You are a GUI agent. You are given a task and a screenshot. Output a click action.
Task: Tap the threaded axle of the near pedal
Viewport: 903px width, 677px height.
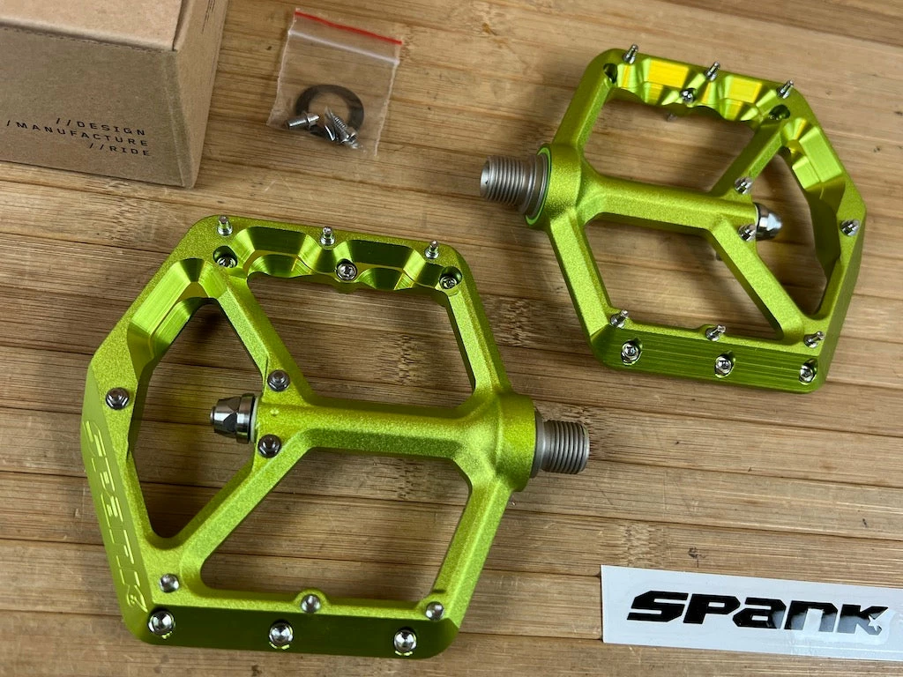(563, 446)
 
